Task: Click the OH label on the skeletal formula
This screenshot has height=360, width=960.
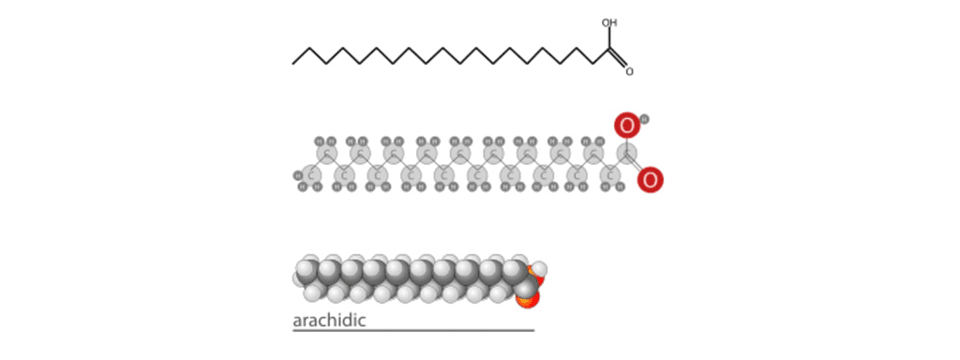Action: coord(609,23)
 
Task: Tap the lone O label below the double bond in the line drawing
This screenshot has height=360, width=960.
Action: coord(629,71)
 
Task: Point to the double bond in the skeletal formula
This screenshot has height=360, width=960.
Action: coord(618,59)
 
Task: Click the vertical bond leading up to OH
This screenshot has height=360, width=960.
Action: coord(609,38)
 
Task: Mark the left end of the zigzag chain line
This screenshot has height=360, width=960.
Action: coord(293,64)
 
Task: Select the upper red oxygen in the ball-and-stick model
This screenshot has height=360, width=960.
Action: coord(627,125)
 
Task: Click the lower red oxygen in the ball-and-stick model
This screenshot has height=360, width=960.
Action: coord(651,178)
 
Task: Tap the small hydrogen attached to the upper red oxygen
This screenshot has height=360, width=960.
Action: coord(644,119)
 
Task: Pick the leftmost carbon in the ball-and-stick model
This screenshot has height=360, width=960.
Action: coord(310,173)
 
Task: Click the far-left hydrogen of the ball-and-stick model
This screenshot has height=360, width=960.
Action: coord(297,175)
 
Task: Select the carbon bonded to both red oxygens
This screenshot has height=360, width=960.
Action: coord(626,154)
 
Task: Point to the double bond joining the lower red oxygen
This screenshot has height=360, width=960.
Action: coord(637,166)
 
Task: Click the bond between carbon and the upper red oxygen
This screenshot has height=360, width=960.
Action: coord(626,140)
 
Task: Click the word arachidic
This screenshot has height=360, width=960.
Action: coord(329,321)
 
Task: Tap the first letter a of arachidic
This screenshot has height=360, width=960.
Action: coord(297,322)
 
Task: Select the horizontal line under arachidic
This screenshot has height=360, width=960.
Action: coord(412,330)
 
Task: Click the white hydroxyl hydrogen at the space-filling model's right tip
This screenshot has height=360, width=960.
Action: coord(539,270)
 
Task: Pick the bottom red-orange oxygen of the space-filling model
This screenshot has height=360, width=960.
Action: coord(528,298)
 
